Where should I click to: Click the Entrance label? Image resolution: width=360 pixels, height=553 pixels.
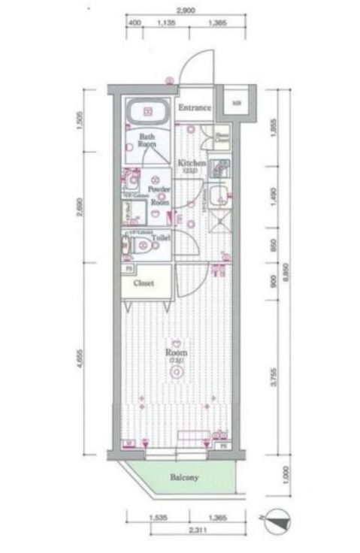tap(194, 108)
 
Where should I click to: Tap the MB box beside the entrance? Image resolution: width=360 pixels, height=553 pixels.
tap(237, 103)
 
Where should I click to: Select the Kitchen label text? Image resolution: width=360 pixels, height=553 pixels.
tap(192, 164)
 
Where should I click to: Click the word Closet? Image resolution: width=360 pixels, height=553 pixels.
tap(144, 283)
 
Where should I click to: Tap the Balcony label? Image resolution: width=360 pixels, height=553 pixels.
tap(183, 477)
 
